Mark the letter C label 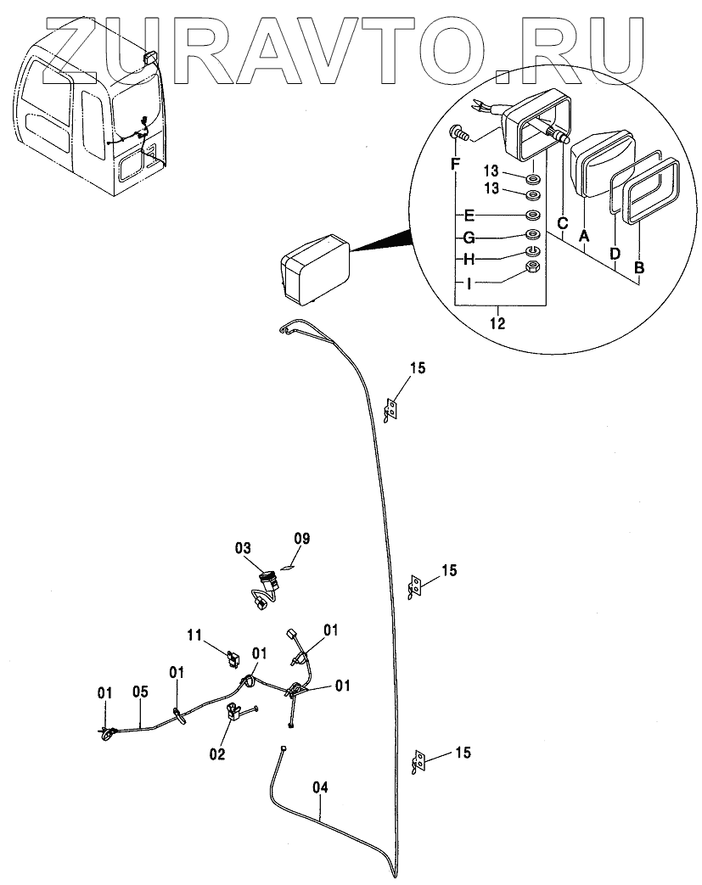562,224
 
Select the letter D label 615,253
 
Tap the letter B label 638,268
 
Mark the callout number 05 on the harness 141,692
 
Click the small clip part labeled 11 232,654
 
